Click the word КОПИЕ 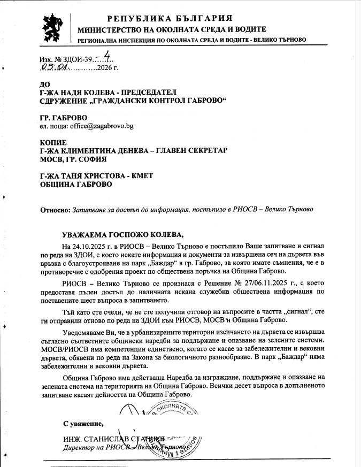[x=55, y=142]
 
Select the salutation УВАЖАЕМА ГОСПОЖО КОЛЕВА [x=122, y=235]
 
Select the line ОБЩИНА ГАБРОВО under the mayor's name [x=76, y=185]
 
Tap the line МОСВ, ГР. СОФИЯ [x=74, y=159]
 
